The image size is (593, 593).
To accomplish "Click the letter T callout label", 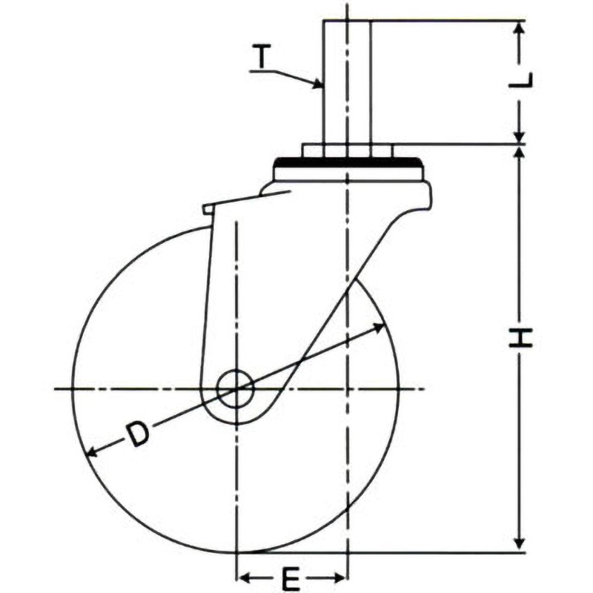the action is pos(261,56).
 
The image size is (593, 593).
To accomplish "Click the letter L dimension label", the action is pos(520,80).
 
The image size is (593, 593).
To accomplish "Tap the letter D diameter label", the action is pos(137,434).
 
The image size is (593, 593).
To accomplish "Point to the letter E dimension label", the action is pos(291,578).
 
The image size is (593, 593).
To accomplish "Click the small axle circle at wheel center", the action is pos(235,388).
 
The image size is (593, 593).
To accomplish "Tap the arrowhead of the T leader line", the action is pos(318,84).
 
